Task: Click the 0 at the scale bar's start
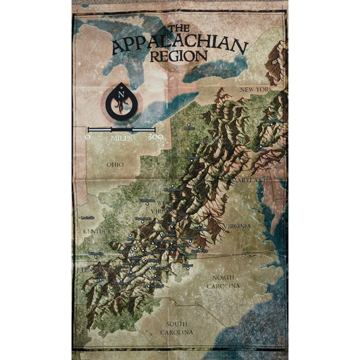[x=88, y=136]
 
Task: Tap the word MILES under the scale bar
[x=122, y=137]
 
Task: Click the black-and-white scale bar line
[x=123, y=128]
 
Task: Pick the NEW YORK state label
[x=255, y=89]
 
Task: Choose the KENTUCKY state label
[x=99, y=232]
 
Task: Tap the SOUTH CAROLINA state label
[x=176, y=328]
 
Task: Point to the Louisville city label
[x=86, y=217]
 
